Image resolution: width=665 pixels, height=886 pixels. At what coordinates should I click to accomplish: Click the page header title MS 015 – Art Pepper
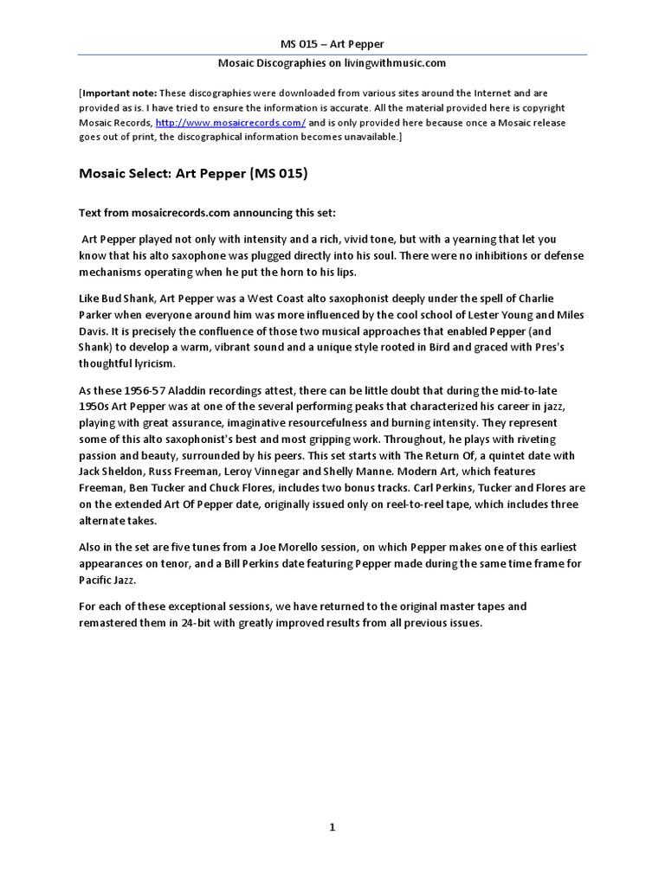point(332,43)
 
